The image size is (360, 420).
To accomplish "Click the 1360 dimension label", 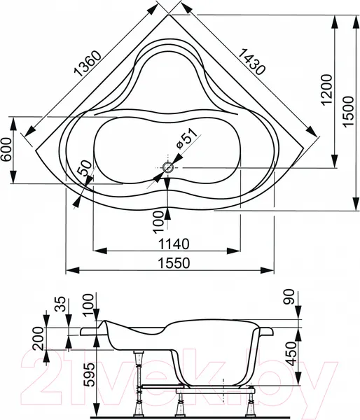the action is coord(88,64).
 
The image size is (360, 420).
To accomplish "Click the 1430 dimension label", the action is coord(251,62).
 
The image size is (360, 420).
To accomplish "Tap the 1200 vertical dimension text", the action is coord(327,90).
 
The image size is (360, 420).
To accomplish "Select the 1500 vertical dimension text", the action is coord(349,112).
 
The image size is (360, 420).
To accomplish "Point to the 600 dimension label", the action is coord(6,149).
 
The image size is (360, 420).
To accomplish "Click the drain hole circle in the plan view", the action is coord(168,168).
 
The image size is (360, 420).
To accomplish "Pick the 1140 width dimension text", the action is coord(174,244).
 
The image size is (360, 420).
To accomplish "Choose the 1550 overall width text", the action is coord(174,263).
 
